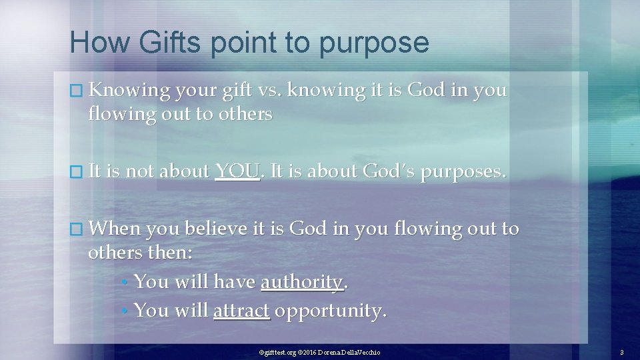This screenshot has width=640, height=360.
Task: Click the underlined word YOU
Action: [x=237, y=171]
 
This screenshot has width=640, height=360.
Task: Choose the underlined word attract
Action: [x=241, y=310]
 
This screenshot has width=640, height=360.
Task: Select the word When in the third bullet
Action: [x=114, y=229]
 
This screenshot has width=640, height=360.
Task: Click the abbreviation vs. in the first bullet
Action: [x=265, y=89]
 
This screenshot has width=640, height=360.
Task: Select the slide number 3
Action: [x=621, y=351]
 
